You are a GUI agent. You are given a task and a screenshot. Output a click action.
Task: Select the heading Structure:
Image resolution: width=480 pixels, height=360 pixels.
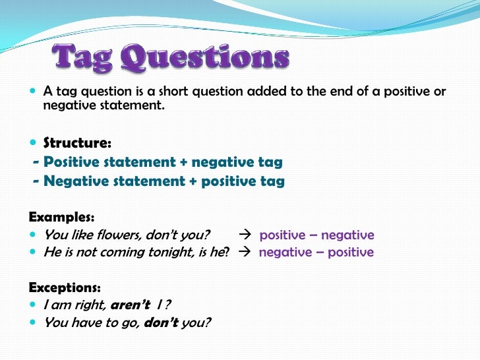click(77, 142)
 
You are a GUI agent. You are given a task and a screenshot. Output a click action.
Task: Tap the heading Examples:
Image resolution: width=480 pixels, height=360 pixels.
click(62, 216)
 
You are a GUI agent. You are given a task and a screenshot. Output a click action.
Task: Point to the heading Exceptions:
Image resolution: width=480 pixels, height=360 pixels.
click(65, 287)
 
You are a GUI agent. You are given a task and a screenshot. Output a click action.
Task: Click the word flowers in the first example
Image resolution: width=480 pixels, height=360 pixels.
click(121, 235)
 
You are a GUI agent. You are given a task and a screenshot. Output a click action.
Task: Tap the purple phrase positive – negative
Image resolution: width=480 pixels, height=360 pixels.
click(316, 235)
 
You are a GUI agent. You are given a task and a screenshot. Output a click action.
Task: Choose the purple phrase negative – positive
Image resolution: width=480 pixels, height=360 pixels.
click(316, 253)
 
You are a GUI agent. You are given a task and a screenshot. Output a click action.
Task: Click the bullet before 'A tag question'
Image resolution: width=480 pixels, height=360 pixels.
click(34, 92)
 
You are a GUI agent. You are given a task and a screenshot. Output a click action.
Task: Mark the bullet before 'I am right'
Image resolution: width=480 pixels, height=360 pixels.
click(34, 305)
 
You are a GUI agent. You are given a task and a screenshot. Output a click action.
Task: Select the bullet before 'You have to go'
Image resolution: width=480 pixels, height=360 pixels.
click(34, 323)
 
